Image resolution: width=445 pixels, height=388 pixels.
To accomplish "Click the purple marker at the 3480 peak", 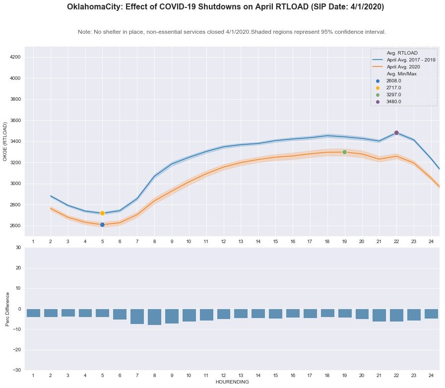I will coord(396,132).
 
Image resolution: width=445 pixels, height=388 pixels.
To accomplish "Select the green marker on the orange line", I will coord(344,152).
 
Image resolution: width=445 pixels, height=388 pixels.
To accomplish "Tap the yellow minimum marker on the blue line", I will coord(102,213).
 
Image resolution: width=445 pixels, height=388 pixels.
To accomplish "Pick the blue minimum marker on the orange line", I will coord(102,225).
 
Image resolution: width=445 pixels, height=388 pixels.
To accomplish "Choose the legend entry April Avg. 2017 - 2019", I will coord(411,60).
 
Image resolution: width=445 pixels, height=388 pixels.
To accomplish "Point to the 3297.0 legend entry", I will coord(393,94).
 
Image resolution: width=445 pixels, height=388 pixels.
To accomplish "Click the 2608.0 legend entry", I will coord(393,80).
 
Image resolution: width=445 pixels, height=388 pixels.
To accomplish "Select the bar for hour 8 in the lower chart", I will coord(154,317).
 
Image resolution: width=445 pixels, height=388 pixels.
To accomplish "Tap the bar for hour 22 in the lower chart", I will coord(396,315).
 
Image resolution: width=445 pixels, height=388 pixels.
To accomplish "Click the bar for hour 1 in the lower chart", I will coord(33,313).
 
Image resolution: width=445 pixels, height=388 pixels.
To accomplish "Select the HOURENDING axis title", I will coord(232,382).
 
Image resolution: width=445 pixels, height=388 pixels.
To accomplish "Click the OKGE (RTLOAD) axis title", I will coord(5,141).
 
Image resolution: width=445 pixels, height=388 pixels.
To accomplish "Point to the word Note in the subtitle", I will coord(84,32).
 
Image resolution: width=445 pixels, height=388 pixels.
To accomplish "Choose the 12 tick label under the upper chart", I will coord(223,241).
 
